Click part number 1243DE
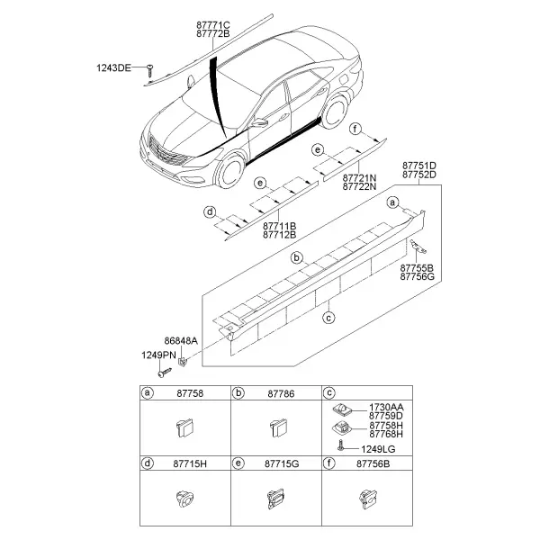(113, 67)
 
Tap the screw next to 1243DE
(149, 70)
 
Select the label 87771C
(213, 25)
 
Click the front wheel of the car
(229, 171)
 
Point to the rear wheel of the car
(335, 111)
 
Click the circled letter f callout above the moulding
(355, 129)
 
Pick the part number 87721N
(359, 178)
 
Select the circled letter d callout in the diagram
(210, 211)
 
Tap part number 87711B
(279, 226)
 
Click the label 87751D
(419, 166)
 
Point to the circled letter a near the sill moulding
(392, 202)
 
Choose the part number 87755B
(417, 268)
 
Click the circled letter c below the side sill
(328, 318)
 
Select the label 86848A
(181, 340)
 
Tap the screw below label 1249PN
(165, 373)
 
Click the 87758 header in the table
(190, 393)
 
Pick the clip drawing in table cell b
(278, 427)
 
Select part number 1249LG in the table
(378, 449)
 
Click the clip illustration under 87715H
(184, 499)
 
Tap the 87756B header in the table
(373, 463)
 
